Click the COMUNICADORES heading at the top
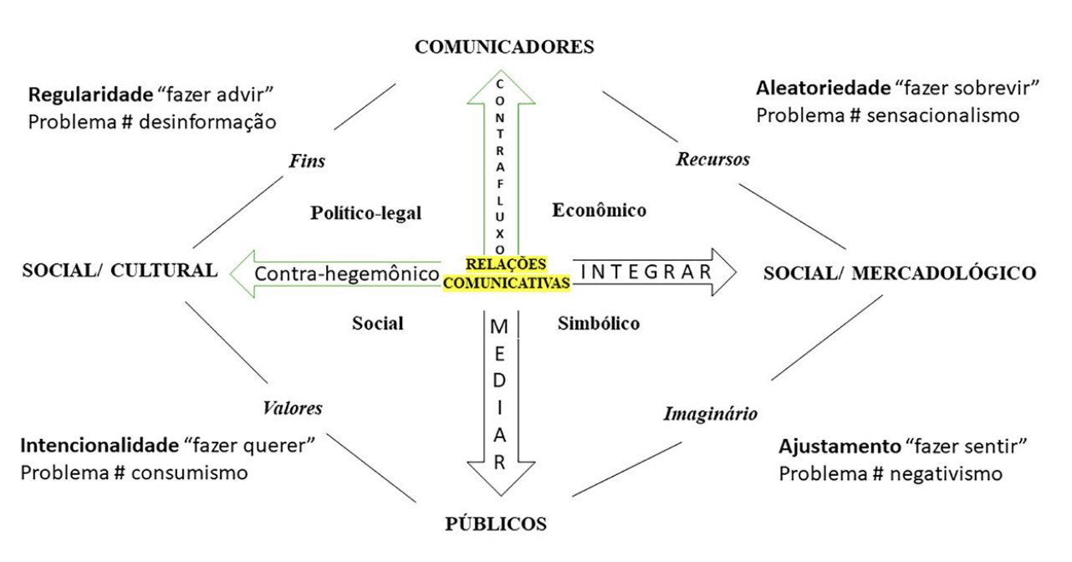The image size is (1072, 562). tap(504, 47)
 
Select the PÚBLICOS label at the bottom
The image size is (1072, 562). tap(495, 524)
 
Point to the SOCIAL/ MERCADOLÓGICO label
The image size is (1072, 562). tap(900, 273)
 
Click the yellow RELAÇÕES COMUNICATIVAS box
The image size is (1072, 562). tap(507, 273)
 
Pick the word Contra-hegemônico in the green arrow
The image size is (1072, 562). tap(347, 273)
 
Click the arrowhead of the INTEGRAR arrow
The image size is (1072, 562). tap(721, 272)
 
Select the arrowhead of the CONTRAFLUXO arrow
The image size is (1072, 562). tap(499, 84)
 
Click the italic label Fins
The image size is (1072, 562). tap(309, 161)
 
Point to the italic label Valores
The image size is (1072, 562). tap(293, 408)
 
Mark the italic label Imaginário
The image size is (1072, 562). tap(711, 413)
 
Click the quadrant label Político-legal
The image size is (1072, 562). tap(366, 213)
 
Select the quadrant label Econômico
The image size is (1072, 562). tap(600, 211)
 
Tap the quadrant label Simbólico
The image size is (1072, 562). tap(599, 324)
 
